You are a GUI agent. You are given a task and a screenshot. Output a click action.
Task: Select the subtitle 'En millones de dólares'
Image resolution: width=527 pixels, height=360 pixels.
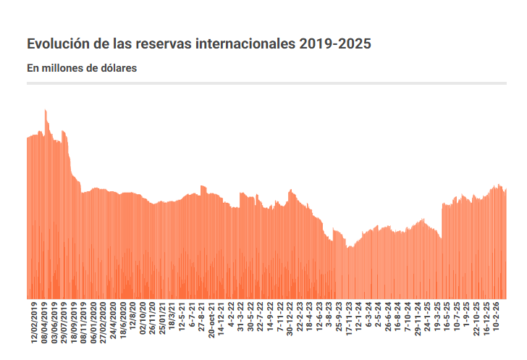click(82, 69)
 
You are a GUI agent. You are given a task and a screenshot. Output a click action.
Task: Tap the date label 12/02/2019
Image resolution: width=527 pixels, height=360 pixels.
click(34, 322)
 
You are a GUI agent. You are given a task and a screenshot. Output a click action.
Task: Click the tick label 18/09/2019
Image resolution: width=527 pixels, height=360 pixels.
click(74, 322)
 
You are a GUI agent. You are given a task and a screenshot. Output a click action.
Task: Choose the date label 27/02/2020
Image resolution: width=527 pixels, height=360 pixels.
click(104, 322)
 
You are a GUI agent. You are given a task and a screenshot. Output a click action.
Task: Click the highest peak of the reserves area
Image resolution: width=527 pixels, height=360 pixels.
click(45, 111)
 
